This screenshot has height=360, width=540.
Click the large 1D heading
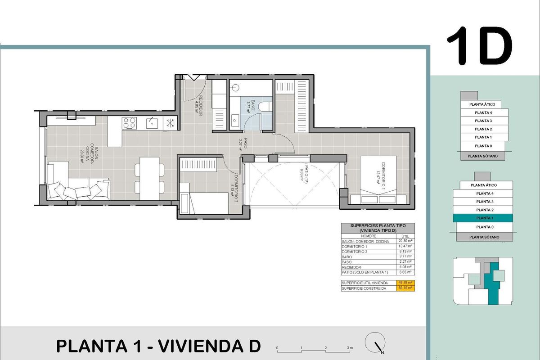coord(480,46)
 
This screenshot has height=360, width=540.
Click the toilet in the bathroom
coord(265,106)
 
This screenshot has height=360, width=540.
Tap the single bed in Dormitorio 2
coord(205,202)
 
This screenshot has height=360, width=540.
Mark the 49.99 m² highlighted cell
coord(405,283)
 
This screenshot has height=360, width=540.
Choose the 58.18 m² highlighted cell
coord(405,288)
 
